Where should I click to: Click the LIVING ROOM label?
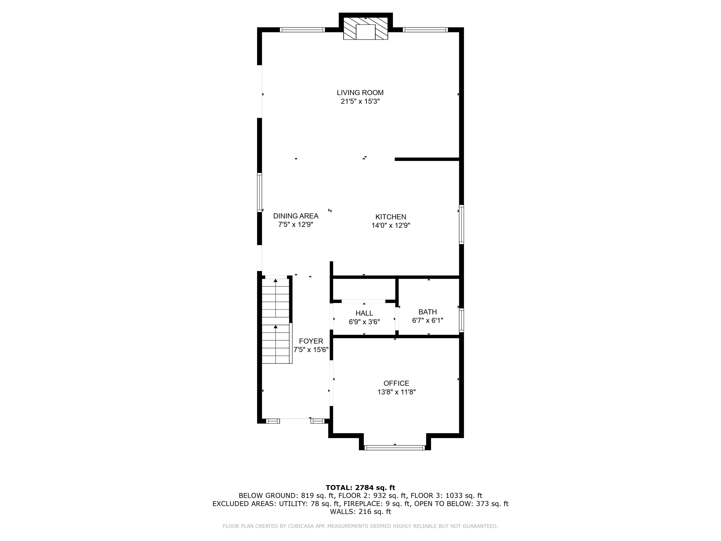pos(360,93)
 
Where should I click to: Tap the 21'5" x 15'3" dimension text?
pos(360,101)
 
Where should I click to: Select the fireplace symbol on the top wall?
pos(365,28)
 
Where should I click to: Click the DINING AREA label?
pos(296,216)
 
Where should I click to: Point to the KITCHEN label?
pos(391,217)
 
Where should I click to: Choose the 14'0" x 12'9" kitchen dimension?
pos(391,225)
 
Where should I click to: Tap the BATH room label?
pos(427,312)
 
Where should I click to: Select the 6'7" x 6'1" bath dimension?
pos(427,321)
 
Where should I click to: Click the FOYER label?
pos(311,341)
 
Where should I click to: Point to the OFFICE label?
pos(396,383)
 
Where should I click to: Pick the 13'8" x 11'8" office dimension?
pos(396,392)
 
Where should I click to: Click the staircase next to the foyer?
pos(276,321)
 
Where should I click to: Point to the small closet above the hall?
pos(364,289)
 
